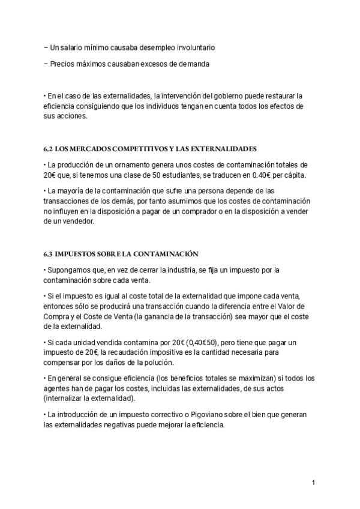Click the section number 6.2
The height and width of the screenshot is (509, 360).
pyautogui.click(x=50, y=148)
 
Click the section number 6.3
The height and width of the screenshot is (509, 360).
pyautogui.click(x=50, y=254)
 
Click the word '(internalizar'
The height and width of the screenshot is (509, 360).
pyautogui.click(x=66, y=399)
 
